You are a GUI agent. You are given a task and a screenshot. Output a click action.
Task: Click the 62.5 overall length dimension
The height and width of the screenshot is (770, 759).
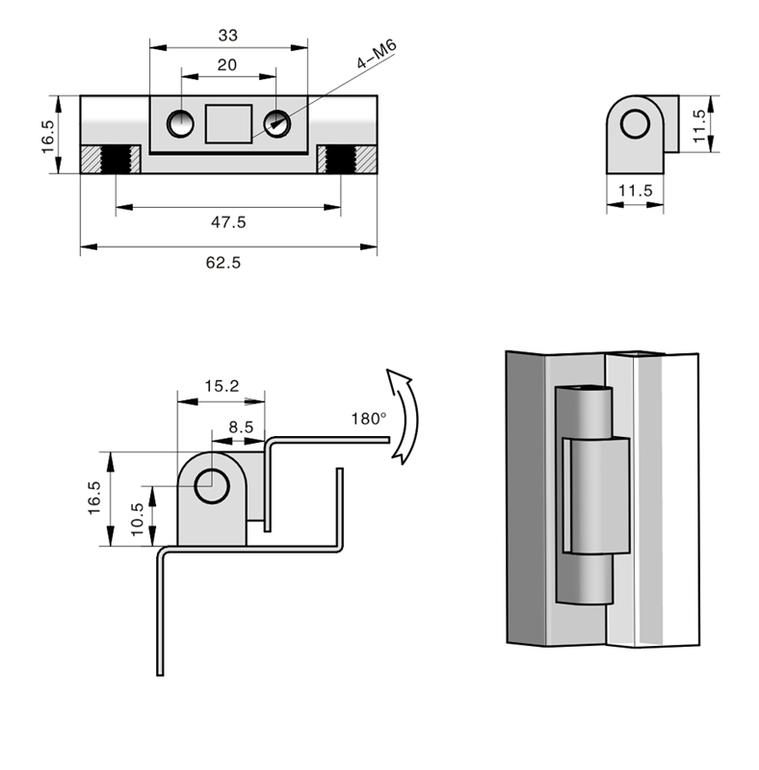coord(222,265)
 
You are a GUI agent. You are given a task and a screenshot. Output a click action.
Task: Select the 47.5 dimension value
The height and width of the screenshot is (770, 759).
coord(228,221)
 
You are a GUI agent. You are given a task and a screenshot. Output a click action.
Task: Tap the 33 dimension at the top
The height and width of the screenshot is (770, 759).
coord(228,36)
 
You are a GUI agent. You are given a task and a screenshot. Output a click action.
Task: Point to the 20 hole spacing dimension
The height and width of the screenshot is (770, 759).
coord(227,64)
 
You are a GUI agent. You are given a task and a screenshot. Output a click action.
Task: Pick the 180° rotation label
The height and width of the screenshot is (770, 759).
coord(368,419)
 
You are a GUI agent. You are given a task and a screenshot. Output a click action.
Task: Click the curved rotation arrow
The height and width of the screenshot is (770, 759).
coord(404,414)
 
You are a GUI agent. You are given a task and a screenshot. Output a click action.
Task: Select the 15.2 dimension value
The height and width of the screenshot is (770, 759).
coord(221,386)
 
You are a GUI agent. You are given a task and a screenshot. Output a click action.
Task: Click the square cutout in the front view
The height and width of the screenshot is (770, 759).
coord(229,122)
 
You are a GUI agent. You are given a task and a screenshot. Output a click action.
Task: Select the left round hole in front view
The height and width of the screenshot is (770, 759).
coord(179,122)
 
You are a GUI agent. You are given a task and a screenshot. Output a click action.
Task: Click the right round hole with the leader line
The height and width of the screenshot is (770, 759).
coord(277,122)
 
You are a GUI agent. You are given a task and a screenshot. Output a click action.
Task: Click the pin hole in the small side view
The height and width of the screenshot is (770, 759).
coord(635,125)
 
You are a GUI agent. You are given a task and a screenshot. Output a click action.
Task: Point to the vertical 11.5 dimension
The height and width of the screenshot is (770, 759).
coord(700,124)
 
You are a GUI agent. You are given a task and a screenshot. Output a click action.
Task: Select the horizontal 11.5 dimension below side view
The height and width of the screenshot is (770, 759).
coord(635,191)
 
